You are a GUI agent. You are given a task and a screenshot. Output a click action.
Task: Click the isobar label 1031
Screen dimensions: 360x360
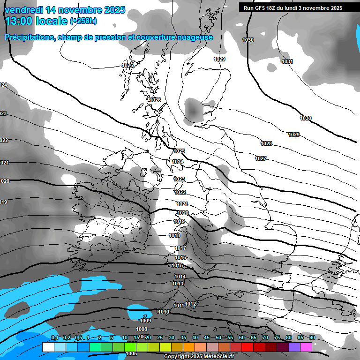(287, 61)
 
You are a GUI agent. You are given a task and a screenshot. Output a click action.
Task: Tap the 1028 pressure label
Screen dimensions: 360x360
(266, 143)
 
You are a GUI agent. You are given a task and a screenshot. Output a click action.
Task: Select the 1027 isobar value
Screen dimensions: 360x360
(261, 158)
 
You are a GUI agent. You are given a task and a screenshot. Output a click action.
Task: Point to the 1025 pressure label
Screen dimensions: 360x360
(179, 151)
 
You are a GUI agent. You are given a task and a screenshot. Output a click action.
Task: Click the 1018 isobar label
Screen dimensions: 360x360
(174, 235)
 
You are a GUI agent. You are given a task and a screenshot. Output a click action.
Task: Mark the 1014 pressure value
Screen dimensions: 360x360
(180, 277)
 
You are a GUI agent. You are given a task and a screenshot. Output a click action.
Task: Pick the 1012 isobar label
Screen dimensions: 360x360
(190, 304)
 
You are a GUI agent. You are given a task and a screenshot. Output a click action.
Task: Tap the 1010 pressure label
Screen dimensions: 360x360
(164, 312)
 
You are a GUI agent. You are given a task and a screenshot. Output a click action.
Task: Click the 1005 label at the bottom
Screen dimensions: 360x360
(131, 354)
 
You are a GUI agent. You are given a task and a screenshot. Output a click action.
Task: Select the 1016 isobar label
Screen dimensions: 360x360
(180, 257)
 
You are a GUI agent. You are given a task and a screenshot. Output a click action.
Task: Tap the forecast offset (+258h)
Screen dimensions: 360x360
(83, 21)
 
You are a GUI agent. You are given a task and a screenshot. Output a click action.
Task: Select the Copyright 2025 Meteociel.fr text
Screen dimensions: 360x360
(199, 356)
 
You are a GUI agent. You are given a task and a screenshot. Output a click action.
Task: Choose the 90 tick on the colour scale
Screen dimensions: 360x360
(312, 337)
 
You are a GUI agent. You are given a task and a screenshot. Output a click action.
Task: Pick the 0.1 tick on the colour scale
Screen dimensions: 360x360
(54, 337)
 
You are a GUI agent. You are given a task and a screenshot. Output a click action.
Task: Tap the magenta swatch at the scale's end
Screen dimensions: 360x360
(306, 347)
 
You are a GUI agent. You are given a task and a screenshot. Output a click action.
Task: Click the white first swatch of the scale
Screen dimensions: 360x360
(48, 347)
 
